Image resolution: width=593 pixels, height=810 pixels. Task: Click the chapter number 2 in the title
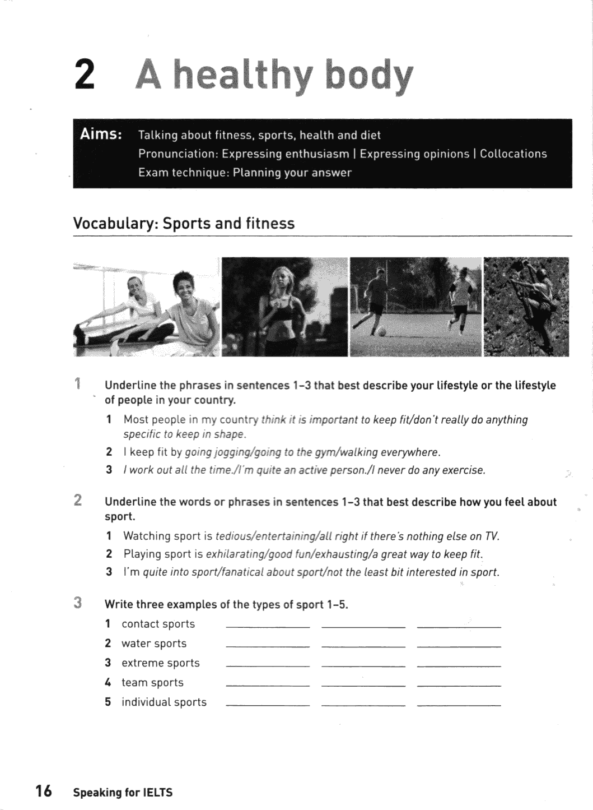[x=84, y=76]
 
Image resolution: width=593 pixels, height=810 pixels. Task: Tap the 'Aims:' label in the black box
[x=101, y=135]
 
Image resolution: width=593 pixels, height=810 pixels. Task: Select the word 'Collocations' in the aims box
[x=513, y=154]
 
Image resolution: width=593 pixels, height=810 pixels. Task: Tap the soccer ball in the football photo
[x=382, y=331]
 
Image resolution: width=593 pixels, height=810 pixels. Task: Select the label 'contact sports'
[x=158, y=624]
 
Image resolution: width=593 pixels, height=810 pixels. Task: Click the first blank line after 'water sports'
[x=267, y=646]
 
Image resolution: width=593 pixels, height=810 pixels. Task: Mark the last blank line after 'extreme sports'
[x=459, y=666]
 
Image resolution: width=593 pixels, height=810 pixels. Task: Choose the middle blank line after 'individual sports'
[x=363, y=705]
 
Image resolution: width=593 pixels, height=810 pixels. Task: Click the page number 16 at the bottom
[x=43, y=791]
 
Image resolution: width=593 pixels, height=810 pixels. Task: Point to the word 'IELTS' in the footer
[x=158, y=793]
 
